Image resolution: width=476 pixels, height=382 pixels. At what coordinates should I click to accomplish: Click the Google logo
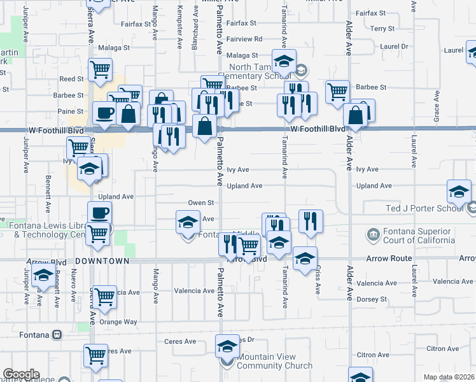20,374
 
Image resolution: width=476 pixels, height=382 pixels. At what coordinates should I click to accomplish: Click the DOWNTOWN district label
102,261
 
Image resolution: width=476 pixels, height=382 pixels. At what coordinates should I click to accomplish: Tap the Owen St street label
200,202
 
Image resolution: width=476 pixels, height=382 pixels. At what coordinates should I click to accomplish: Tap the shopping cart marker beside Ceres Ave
96,355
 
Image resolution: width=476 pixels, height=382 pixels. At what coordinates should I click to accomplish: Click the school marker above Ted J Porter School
459,190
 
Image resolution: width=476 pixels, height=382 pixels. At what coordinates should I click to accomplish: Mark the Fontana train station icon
57,334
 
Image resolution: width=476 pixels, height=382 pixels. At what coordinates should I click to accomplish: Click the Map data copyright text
448,377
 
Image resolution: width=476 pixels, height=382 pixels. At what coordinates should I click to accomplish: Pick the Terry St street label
382,29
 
